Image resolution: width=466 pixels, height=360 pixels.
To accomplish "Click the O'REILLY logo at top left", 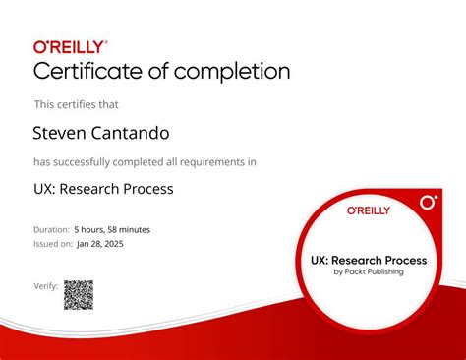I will click(71, 45).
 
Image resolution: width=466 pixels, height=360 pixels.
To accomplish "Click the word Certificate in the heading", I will click(89, 72).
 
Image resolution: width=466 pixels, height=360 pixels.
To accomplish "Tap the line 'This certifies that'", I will click(75, 103).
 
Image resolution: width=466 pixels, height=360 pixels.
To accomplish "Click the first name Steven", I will click(58, 133).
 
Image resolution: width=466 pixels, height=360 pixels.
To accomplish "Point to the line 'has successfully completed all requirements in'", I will click(145, 161).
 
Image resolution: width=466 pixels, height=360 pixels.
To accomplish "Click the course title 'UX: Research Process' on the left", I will click(103, 189).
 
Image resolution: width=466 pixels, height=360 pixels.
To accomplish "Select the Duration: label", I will click(52, 229).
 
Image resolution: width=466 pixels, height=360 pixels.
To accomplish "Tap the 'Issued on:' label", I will click(54, 243).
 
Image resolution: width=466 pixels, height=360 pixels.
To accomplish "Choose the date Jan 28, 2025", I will click(101, 243).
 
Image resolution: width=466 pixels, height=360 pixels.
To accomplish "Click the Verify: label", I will click(45, 286).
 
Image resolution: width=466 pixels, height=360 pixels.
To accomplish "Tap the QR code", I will click(79, 294).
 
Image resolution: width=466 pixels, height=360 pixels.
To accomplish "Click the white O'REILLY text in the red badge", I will click(368, 210).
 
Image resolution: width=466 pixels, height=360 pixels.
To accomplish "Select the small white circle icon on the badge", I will click(428, 203).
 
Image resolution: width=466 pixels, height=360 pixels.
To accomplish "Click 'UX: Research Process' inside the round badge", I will click(368, 261).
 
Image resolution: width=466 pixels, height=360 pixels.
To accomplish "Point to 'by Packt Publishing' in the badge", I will click(368, 272).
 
